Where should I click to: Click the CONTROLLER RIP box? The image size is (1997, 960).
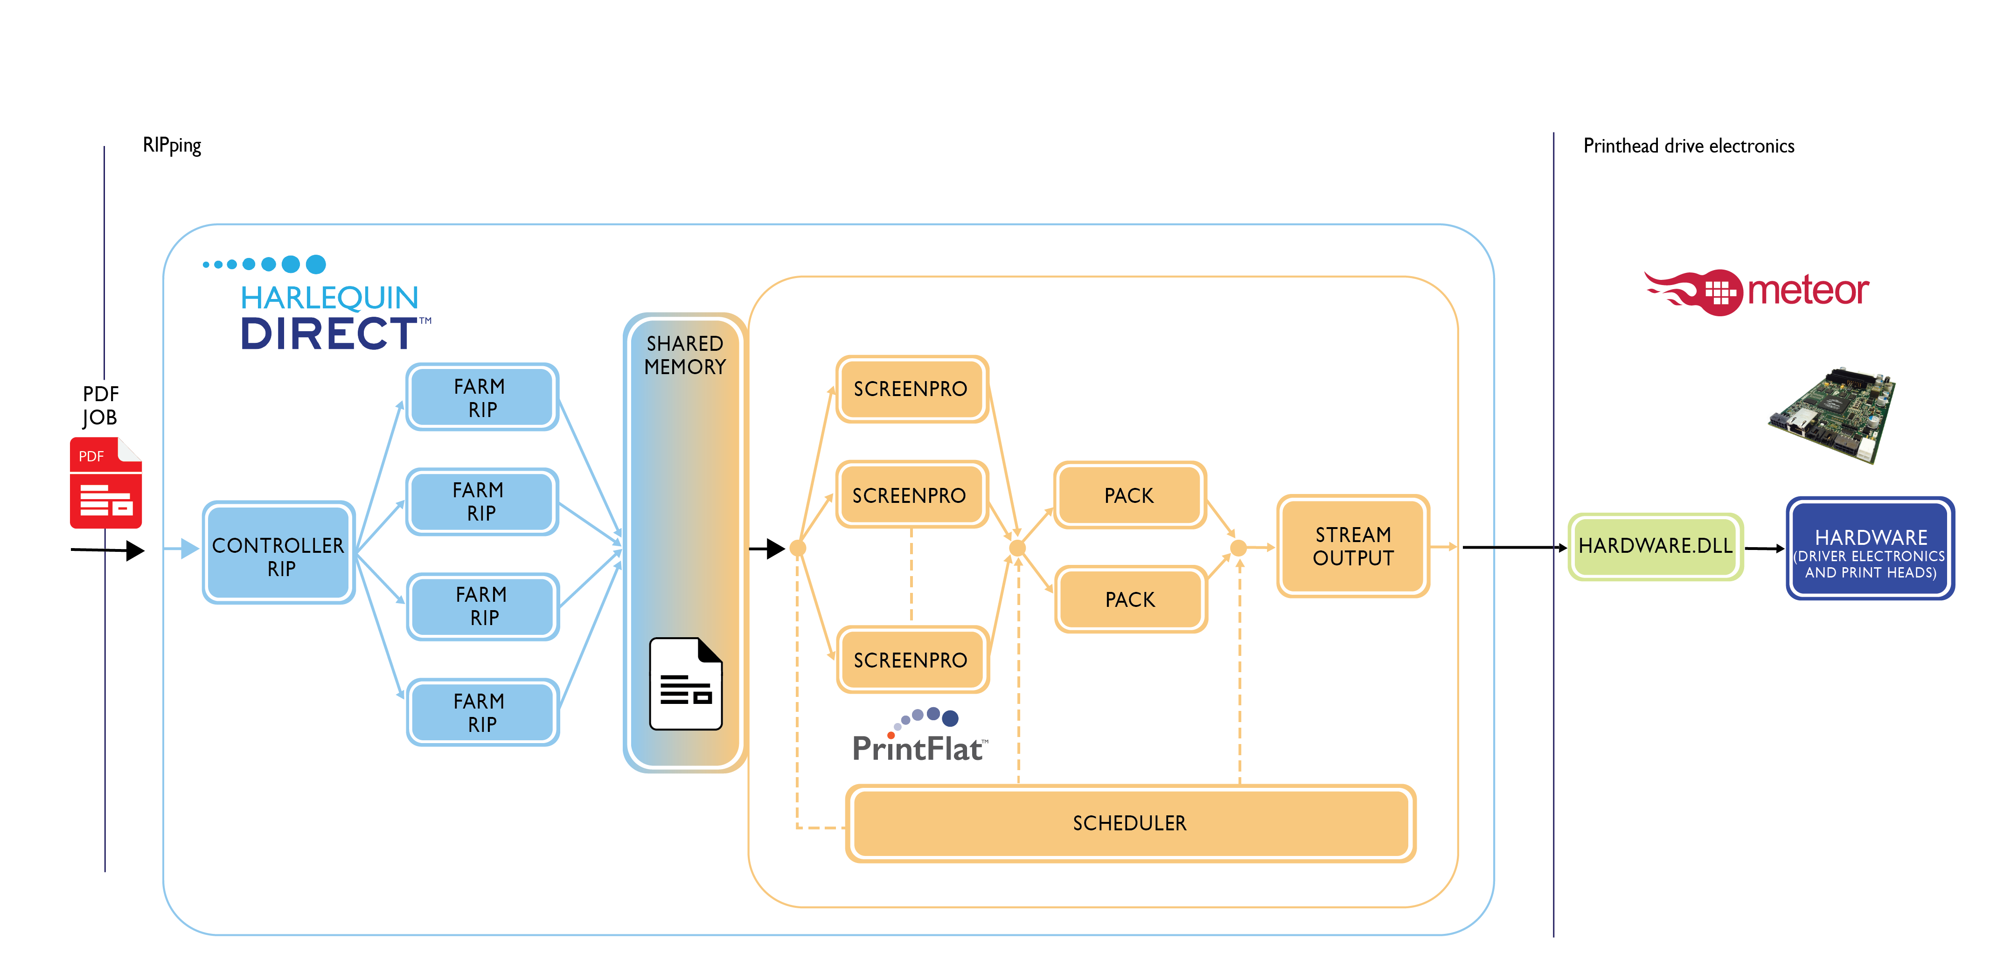pos(278,553)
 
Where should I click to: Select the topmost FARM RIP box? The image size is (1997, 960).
pos(481,397)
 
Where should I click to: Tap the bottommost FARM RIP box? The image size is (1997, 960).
pos(481,712)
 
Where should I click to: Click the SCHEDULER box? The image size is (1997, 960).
pos(1129,823)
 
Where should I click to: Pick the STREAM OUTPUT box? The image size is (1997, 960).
pos(1353,546)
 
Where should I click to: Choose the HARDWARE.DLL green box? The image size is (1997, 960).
pos(1655,546)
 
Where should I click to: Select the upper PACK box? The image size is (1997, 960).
pos(1129,495)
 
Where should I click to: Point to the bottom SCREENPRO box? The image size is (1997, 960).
pos(911,660)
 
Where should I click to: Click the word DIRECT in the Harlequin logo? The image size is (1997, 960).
pos(329,334)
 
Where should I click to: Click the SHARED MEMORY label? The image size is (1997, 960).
pos(685,355)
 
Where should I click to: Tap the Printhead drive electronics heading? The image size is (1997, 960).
pos(1689,146)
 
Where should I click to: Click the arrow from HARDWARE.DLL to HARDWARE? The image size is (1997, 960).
pos(1764,548)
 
